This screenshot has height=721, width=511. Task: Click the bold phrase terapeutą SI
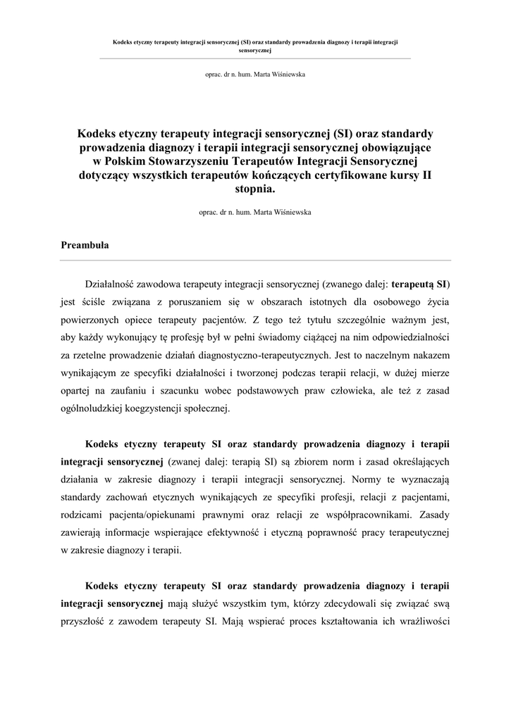[419, 285]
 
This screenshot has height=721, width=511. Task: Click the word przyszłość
[85, 621]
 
